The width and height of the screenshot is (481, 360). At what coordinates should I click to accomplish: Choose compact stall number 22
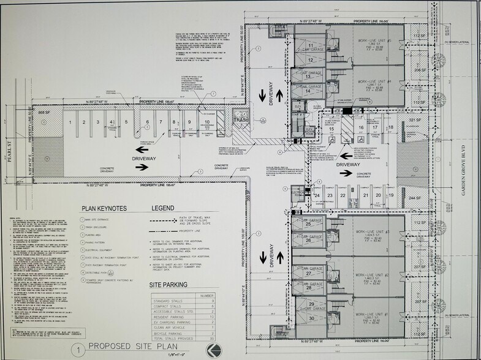coord(344,195)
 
